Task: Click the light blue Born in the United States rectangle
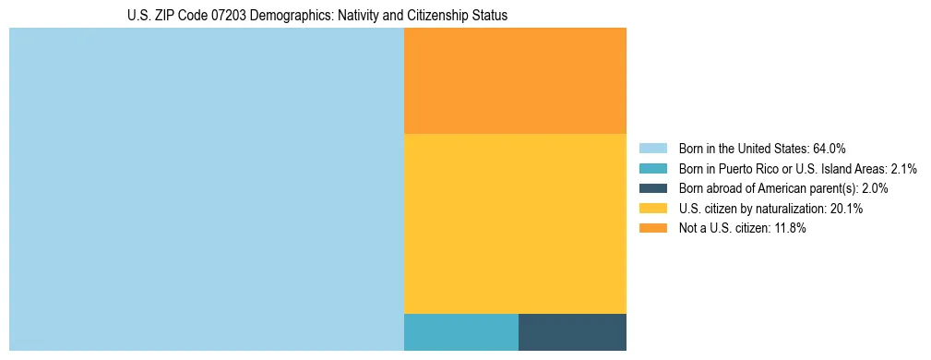tap(206, 189)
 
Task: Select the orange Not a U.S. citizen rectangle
tap(515, 80)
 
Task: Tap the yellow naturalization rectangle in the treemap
tap(515, 223)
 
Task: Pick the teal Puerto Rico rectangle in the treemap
tap(460, 332)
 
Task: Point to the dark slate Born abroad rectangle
tap(572, 332)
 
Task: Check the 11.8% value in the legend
tap(790, 229)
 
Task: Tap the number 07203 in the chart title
tap(240, 16)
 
